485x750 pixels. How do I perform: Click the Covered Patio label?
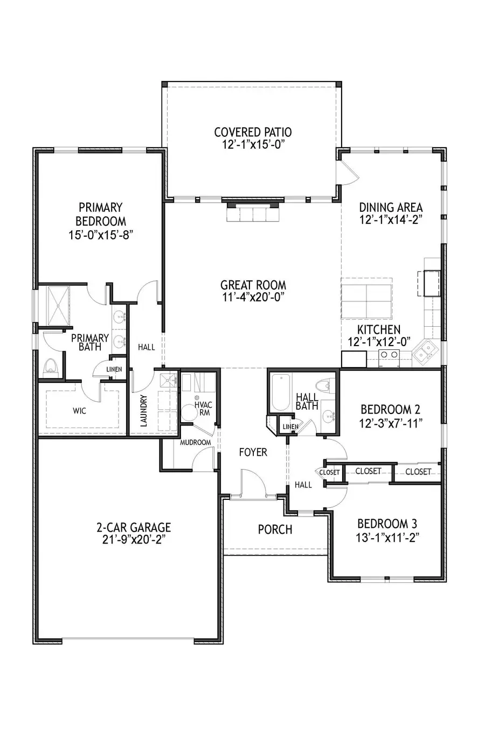tap(253, 132)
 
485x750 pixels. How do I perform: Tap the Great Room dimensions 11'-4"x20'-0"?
tap(253, 297)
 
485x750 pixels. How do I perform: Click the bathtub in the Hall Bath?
tap(280, 392)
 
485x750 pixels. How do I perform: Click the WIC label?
tap(79, 410)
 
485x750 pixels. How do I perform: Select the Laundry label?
tap(143, 411)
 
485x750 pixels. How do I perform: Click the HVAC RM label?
tap(203, 409)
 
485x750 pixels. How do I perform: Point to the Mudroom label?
tap(196, 442)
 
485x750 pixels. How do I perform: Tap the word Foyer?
tap(253, 452)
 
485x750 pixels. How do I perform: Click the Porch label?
tap(275, 529)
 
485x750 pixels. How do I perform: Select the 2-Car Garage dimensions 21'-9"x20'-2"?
tap(134, 539)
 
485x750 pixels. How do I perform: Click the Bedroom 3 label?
tap(387, 524)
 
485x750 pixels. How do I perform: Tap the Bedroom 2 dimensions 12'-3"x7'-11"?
tap(390, 424)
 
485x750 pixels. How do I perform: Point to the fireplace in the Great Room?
tap(253, 210)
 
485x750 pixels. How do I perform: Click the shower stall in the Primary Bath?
tap(58, 306)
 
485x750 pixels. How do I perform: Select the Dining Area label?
tap(391, 207)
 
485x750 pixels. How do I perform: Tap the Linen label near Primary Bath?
tap(114, 369)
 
